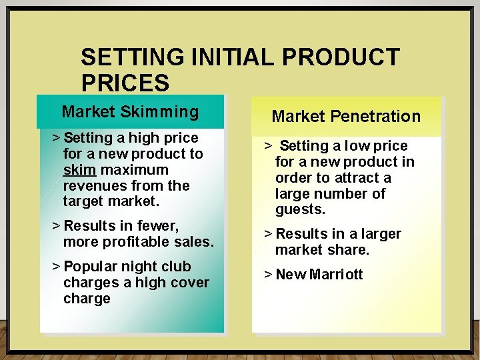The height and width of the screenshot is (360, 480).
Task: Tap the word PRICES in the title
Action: point(125,83)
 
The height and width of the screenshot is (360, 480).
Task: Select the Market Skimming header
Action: point(130,111)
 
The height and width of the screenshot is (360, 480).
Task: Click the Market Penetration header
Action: point(346,117)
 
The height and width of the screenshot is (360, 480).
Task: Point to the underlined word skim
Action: point(79,170)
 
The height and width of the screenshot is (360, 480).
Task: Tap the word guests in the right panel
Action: point(300,210)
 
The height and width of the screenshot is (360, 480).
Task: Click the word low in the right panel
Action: point(351,146)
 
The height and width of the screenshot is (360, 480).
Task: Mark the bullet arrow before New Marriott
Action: point(267,275)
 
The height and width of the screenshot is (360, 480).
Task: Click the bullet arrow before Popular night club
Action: point(55,267)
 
